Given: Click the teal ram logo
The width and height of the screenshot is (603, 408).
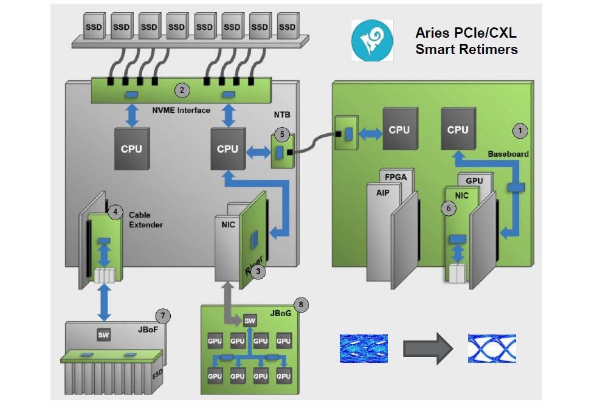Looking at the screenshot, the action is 372,40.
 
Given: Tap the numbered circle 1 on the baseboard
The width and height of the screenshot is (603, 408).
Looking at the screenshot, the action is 520,131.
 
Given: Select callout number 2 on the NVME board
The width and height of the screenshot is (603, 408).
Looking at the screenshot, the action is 182,91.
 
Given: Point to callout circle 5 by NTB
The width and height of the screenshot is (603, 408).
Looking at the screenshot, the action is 282,134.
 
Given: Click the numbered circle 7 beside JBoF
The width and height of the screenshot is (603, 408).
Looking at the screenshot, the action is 163,316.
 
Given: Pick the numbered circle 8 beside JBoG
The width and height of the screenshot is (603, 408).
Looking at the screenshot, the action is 301,305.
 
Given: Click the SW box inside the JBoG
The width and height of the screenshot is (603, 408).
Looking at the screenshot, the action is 250,320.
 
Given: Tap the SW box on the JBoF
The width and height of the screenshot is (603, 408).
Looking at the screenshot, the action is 103,334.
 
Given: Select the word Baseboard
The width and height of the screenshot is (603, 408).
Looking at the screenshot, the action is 508,154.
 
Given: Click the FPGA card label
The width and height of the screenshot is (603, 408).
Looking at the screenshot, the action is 395,177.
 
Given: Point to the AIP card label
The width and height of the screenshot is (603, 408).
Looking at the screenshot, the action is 382,193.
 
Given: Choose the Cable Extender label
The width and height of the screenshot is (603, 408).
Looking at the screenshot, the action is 145,220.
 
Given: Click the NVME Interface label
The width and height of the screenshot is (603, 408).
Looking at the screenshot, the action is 181,111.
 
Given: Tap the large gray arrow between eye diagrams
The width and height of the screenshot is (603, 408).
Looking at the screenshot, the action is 428,348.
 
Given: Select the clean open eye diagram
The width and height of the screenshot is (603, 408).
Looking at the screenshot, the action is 492,348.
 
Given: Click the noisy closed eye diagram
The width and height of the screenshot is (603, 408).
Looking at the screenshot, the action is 364,348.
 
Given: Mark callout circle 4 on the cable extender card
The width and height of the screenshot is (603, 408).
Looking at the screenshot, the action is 115,212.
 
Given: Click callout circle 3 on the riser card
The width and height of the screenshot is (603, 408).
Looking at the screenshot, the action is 258,271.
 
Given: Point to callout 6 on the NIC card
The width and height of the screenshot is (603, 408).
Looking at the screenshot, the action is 449,209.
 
